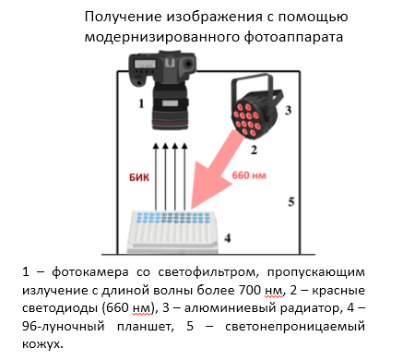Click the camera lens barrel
tap(170, 106)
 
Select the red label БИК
tap(139, 177)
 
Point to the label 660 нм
tap(249, 175)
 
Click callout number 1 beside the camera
tap(141, 103)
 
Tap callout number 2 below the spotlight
tap(254, 150)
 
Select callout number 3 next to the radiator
tap(288, 110)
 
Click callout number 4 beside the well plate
tap(228, 238)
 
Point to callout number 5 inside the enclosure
tap(291, 201)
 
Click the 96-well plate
tap(172, 232)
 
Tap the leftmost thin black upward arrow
tap(156, 176)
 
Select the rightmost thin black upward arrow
tap(184, 176)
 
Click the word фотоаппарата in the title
tap(293, 37)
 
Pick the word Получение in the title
tap(123, 17)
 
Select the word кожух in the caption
tap(41, 343)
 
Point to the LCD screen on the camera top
tap(145, 64)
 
